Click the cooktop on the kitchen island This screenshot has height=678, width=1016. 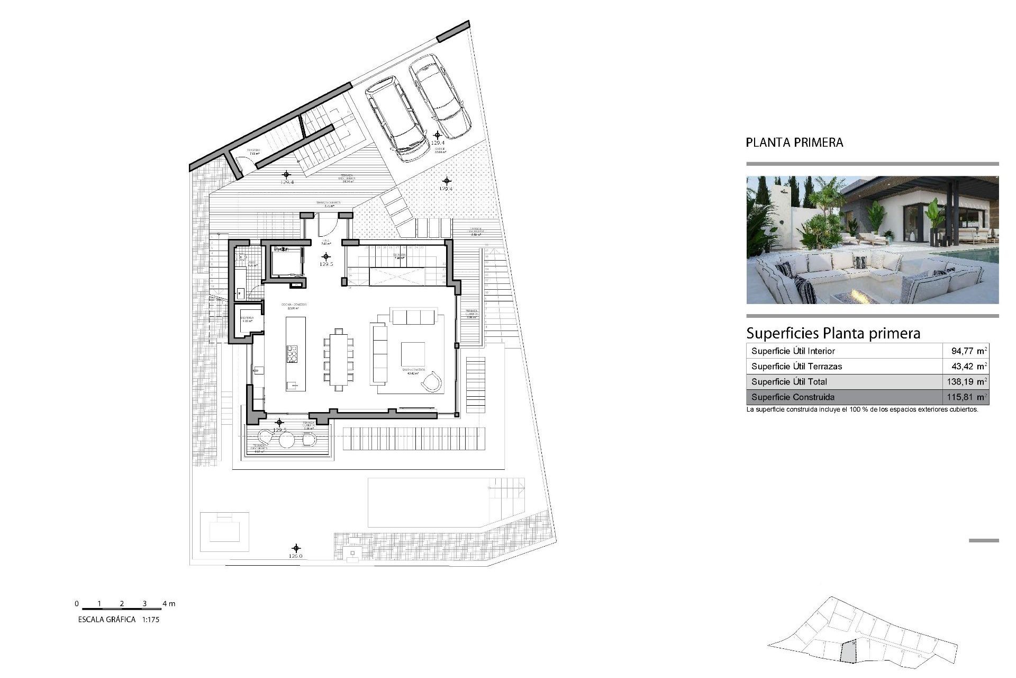[x=292, y=353]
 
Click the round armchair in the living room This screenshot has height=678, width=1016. [x=432, y=381]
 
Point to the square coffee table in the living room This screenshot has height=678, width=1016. [x=413, y=355]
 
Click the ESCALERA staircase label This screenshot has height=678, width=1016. [x=400, y=255]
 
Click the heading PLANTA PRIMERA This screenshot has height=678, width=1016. [x=794, y=142]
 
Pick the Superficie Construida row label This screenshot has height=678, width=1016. [x=793, y=397]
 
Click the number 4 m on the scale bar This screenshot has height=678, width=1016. [x=169, y=603]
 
